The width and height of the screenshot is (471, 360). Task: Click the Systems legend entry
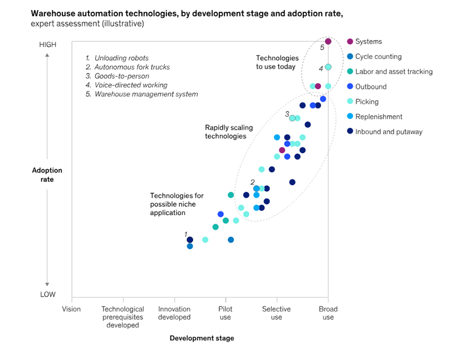tap(368, 42)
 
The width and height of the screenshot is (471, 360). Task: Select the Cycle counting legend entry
tap(378, 57)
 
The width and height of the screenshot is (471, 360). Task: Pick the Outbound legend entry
tap(370, 87)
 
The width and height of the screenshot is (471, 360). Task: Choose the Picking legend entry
tap(366, 102)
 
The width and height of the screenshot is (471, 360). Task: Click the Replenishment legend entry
tap(379, 117)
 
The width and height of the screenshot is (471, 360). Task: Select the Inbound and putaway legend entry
tap(389, 132)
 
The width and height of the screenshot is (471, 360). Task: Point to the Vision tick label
tap(71, 309)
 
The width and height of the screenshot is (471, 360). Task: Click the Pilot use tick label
tap(225, 313)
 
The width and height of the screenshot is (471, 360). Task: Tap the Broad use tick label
tap(328, 313)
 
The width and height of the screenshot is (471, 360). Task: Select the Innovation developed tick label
tap(174, 313)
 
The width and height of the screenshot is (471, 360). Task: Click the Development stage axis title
tap(202, 338)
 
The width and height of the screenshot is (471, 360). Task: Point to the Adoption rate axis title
tap(47, 175)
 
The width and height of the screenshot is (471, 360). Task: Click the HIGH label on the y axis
tap(47, 45)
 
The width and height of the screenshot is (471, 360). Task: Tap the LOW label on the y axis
tap(47, 294)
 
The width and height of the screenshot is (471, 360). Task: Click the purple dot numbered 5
tap(328, 41)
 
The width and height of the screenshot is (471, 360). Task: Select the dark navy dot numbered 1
tap(190, 240)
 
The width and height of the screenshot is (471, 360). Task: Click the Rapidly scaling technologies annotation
tap(225, 131)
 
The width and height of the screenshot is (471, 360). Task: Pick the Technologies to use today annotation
tap(277, 62)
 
